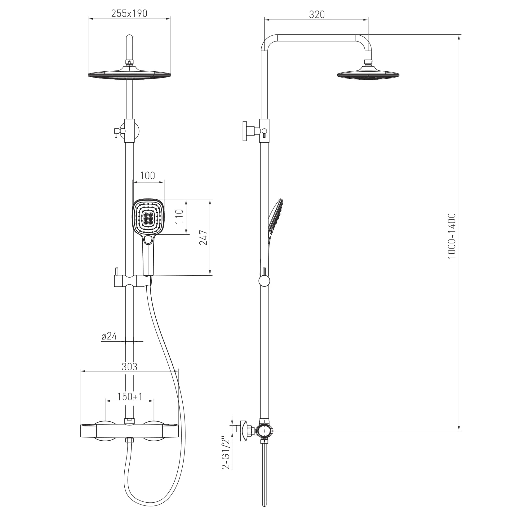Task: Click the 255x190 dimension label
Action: (x=129, y=13)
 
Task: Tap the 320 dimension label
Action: (x=317, y=14)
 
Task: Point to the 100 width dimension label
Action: (x=147, y=176)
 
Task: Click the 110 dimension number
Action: (x=179, y=217)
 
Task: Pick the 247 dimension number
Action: (x=203, y=238)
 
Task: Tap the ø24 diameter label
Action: (x=109, y=336)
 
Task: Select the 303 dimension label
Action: (x=129, y=367)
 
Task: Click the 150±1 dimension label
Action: (x=130, y=396)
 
